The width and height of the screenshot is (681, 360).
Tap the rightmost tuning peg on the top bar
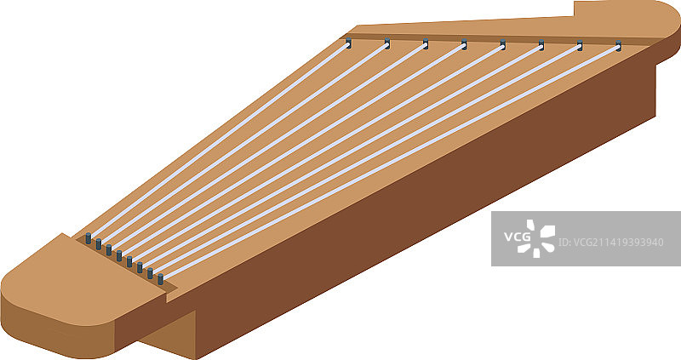(x=618, y=45)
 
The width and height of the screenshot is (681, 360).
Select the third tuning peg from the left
(x=426, y=43)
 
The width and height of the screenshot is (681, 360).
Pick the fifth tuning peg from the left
(x=502, y=43)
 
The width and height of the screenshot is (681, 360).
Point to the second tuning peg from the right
(x=580, y=44)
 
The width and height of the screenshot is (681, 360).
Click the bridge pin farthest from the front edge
(x=89, y=239)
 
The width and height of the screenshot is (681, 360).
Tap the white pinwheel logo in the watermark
(x=541, y=237)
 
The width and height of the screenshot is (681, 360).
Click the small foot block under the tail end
(x=170, y=336)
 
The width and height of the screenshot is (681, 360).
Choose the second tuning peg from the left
(x=386, y=42)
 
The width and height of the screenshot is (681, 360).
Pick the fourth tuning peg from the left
(x=464, y=43)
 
